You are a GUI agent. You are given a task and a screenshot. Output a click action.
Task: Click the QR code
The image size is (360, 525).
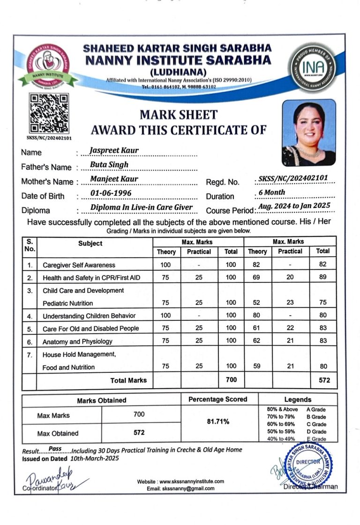[x=49, y=113]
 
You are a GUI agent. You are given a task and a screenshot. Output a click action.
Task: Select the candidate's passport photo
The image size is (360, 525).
[x=308, y=133]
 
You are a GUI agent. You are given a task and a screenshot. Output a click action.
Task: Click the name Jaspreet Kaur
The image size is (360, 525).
[x=114, y=150]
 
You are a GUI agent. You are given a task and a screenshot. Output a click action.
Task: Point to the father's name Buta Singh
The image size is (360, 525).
[x=109, y=164]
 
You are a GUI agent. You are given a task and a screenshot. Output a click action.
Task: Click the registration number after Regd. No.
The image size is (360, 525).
[x=293, y=178]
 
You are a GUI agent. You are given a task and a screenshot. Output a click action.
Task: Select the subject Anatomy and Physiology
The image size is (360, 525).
[x=77, y=341]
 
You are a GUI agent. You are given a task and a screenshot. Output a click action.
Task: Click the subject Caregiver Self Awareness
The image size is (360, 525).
[x=79, y=265]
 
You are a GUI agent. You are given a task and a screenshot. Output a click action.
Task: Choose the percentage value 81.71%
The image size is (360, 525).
[x=218, y=421]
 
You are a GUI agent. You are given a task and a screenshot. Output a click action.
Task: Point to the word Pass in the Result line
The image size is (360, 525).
[x=55, y=449]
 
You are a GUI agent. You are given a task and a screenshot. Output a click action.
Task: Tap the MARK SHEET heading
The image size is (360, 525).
[x=179, y=115]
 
